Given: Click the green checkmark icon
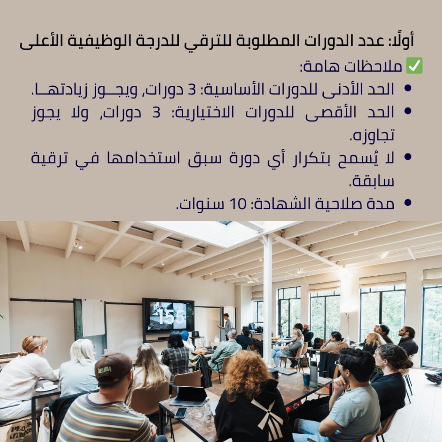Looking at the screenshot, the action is click(x=414, y=66).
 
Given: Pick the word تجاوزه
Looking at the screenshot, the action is click(x=372, y=135).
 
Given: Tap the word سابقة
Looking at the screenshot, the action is click(x=372, y=181).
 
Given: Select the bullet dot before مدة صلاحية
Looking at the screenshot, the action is click(x=407, y=202).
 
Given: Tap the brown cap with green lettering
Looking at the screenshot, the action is click(x=114, y=367).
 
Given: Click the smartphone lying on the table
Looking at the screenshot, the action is click(x=181, y=412).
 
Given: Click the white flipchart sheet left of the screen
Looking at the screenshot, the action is click(x=93, y=317).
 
